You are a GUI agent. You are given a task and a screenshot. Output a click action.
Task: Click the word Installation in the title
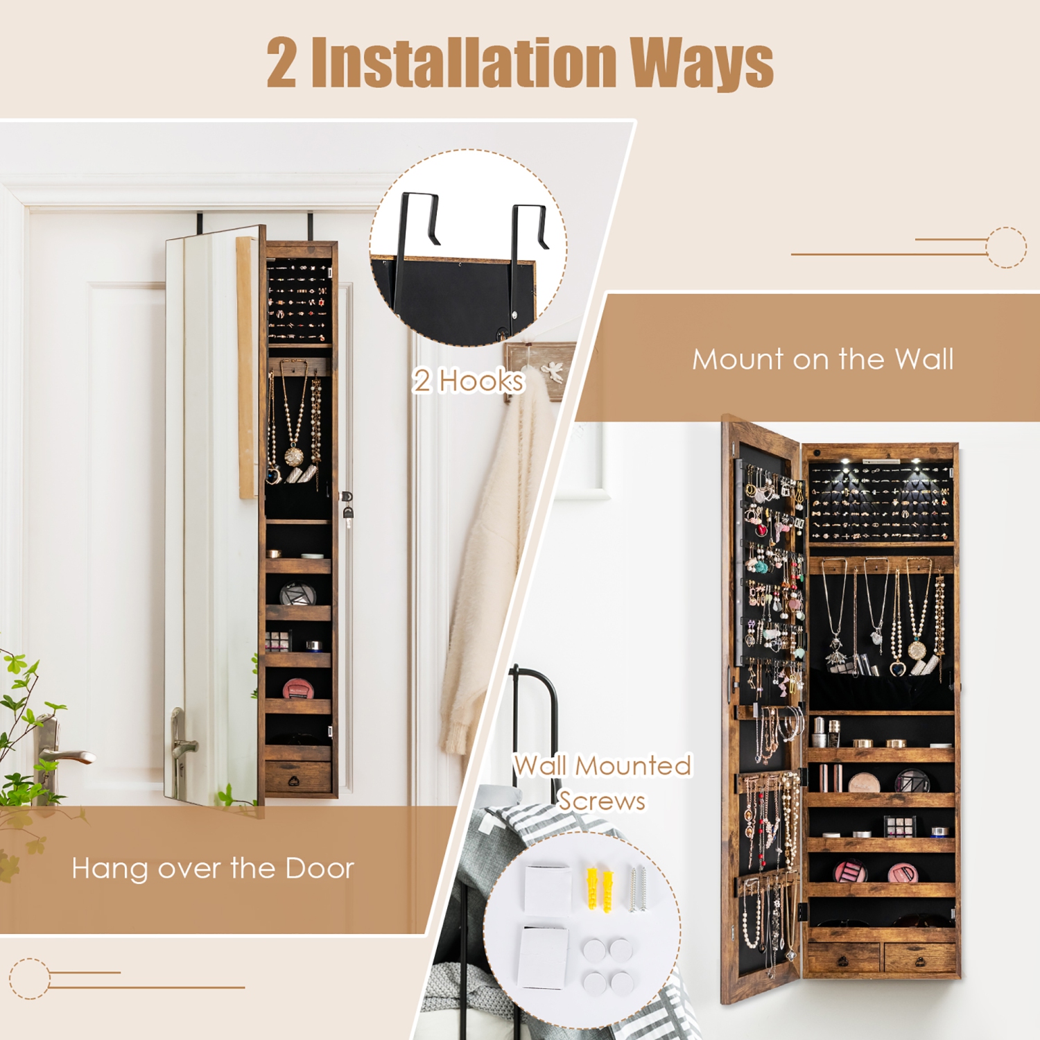pos(463,64)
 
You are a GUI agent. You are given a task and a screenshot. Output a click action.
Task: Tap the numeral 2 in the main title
pos(282,64)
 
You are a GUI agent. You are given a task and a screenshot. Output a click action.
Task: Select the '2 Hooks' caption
pos(469,381)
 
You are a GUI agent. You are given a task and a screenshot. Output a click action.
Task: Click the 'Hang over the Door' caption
pos(213,868)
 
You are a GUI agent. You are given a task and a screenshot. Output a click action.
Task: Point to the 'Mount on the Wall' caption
pos(822,359)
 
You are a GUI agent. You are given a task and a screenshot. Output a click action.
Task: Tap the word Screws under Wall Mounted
pos(602,801)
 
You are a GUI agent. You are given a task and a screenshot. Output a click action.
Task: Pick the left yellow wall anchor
pos(593,888)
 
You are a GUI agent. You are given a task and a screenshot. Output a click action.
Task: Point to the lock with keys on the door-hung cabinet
pos(347,506)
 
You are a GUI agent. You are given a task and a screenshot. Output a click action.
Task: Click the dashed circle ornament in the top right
pos(1006,247)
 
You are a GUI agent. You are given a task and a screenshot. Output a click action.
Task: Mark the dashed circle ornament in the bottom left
pos(29,978)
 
